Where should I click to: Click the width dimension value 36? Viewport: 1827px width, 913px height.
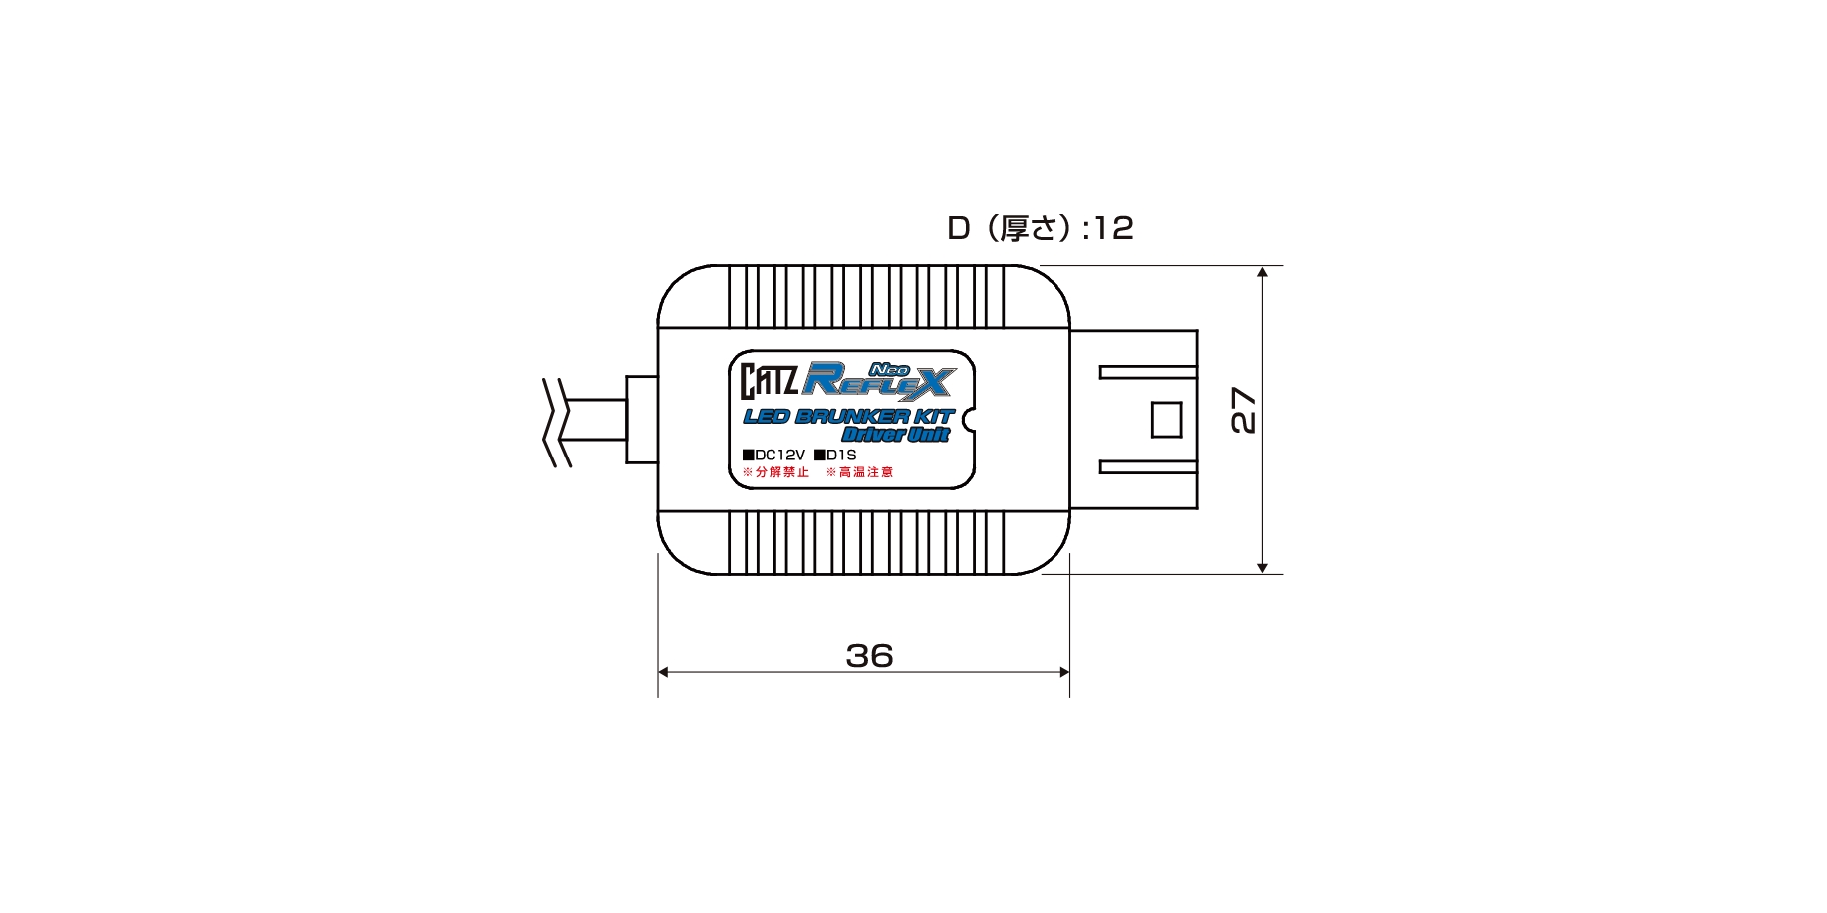coord(869,656)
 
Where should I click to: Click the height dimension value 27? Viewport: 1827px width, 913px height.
coord(1243,410)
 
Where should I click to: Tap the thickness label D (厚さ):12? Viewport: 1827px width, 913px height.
coord(1040,228)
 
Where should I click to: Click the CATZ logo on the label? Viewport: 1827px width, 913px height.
coord(770,381)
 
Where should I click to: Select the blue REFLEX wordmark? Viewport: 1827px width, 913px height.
coord(880,379)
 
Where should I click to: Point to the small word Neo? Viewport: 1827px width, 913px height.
coord(890,368)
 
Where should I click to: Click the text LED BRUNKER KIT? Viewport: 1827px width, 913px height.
coord(849,416)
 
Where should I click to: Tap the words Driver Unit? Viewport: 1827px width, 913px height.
coord(896,434)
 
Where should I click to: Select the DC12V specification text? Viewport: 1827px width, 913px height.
coord(773,455)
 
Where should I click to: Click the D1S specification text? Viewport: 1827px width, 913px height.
coord(835,455)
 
